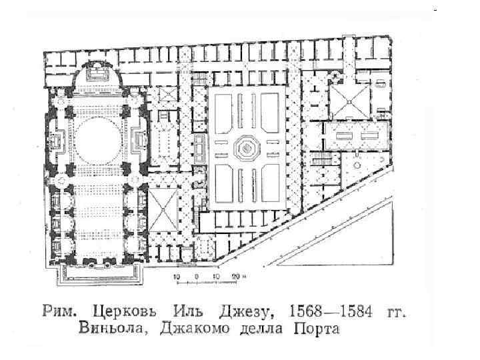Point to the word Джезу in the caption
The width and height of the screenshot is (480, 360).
(240, 311)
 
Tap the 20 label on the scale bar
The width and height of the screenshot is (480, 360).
(234, 275)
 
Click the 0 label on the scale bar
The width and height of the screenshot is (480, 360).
(196, 275)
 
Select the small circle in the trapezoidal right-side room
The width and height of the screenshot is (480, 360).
(357, 164)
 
